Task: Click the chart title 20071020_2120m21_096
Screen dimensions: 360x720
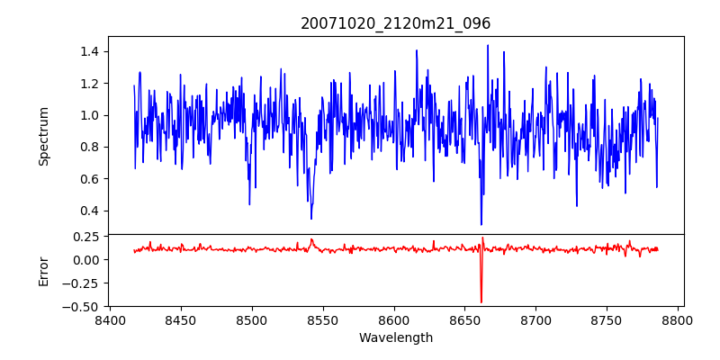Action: click(395, 24)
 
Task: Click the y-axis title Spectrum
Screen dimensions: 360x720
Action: click(43, 135)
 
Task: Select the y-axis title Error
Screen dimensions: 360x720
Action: click(43, 270)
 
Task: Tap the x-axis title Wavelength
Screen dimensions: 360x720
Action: click(395, 338)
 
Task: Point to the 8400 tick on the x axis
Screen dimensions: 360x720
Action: click(110, 319)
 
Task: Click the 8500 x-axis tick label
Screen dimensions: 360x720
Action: click(252, 319)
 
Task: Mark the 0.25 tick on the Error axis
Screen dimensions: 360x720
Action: click(86, 236)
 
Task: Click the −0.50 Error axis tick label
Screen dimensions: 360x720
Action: click(82, 307)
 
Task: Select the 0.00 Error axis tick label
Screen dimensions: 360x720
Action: click(86, 259)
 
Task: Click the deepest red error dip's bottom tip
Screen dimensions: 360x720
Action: click(481, 302)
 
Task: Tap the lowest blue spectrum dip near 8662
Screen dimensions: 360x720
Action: click(481, 224)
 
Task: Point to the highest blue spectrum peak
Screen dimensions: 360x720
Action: click(488, 45)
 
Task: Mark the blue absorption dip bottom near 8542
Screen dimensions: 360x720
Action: click(311, 219)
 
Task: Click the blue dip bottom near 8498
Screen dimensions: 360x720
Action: click(249, 204)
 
